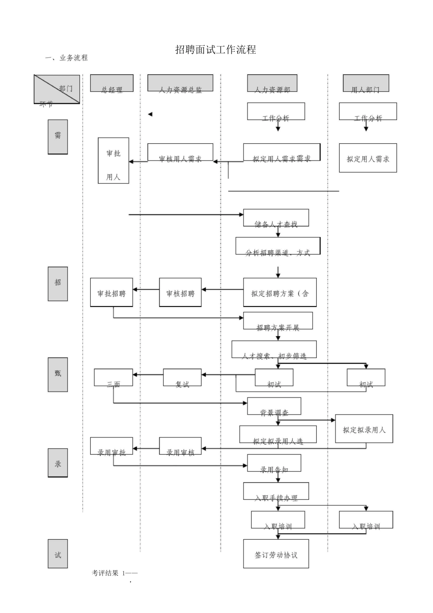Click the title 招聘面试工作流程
coord(216,50)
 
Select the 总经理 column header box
coord(112,83)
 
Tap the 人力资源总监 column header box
coord(180,83)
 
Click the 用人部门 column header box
coord(366,83)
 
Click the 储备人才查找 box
coord(276,218)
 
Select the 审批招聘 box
coord(111,292)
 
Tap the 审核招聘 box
coord(180,292)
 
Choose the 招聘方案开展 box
coord(278,321)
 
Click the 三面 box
coord(113,377)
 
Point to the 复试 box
coord(182,377)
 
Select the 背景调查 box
coord(274,406)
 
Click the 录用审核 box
coord(180,446)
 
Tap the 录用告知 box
coord(274,462)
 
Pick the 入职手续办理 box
coord(276,491)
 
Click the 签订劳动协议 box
coord(276,554)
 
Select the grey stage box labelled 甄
coord(58,374)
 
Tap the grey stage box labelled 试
coord(58,554)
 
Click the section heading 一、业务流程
coord(67,58)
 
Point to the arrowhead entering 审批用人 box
coord(131,161)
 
